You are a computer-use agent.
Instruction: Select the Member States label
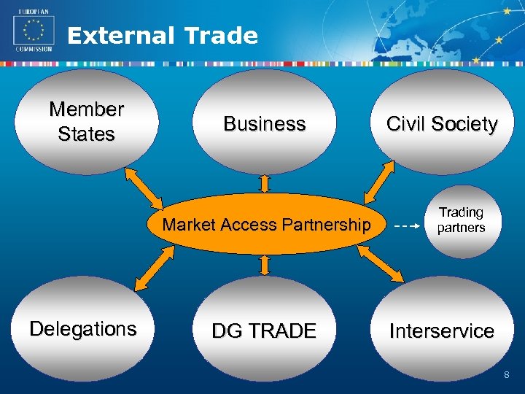click(86, 122)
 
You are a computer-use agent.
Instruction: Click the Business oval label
click(264, 124)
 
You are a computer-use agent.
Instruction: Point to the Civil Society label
click(442, 124)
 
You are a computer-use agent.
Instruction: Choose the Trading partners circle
click(461, 220)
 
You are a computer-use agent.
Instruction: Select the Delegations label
click(83, 329)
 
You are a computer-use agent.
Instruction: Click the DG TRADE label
click(264, 331)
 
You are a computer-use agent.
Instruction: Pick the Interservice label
click(442, 331)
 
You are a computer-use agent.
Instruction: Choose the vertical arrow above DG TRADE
click(265, 265)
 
